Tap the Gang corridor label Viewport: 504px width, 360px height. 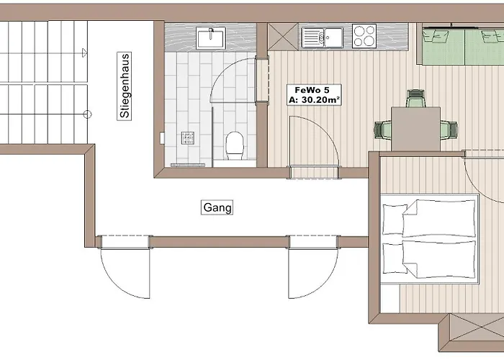(217, 207)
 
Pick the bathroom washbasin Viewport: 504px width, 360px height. (212, 37)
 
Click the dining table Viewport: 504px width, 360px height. (415, 128)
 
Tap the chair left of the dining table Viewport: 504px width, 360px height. (382, 130)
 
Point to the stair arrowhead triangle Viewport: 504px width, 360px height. (84, 51)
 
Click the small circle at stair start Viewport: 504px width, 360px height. (87, 114)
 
